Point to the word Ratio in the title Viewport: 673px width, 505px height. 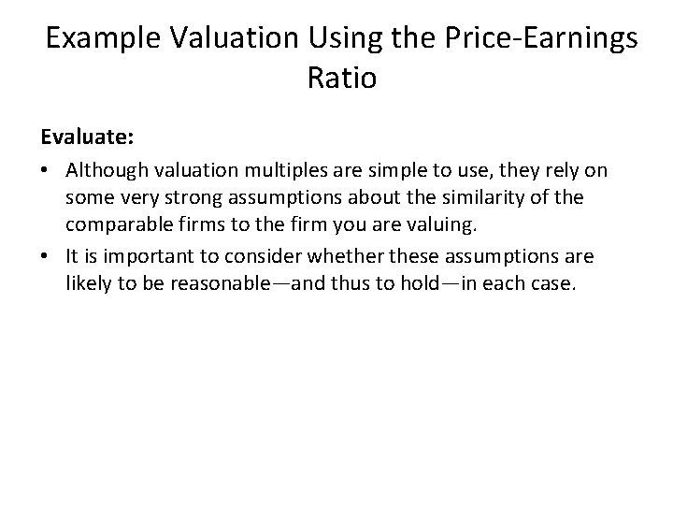coord(341,78)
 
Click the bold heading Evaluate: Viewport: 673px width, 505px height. coord(87,137)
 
